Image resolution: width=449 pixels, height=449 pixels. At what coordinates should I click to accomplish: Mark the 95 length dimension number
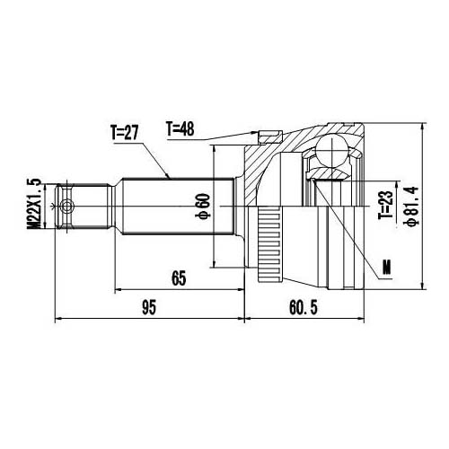tap(149, 308)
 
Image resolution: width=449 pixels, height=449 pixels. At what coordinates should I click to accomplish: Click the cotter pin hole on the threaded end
tap(65, 207)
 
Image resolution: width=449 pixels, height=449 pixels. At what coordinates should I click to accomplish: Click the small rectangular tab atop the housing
tap(265, 138)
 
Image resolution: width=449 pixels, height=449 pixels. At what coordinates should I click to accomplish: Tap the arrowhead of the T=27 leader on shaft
tap(171, 178)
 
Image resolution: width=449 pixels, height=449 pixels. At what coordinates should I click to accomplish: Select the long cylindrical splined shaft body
tap(175, 207)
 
